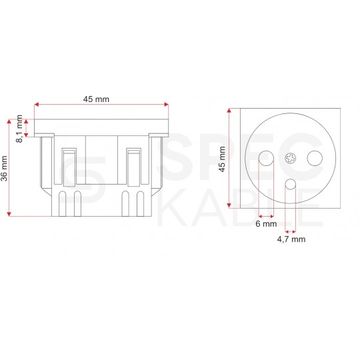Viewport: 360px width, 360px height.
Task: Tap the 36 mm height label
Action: (6, 167)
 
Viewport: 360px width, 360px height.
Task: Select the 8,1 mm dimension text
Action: (19, 127)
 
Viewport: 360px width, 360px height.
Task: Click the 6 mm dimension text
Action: (265, 225)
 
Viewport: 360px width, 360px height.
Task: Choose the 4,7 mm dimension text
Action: (291, 238)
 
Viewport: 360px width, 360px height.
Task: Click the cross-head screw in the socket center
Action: (290, 158)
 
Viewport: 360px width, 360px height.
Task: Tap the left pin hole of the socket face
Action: (265, 159)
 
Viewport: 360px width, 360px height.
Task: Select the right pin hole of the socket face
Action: (313, 159)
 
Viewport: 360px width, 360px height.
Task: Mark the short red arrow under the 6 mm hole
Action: (265, 216)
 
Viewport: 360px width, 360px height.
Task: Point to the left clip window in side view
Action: (69, 165)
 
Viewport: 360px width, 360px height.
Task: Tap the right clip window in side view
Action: (133, 165)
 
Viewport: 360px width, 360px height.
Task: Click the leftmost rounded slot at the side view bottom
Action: (62, 203)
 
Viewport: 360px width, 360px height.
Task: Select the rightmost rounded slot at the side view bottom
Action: (140, 203)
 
